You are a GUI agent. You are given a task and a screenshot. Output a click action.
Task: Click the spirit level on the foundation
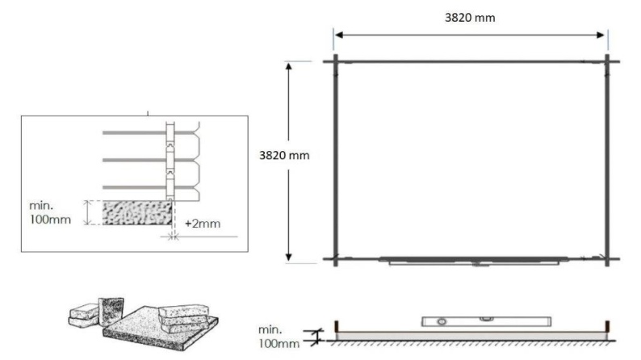(x=463, y=321)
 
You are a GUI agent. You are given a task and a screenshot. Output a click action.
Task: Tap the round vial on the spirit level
(x=442, y=321)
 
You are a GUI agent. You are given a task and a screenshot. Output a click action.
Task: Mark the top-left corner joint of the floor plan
(x=335, y=61)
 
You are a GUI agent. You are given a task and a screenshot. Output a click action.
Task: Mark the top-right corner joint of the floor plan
(x=607, y=61)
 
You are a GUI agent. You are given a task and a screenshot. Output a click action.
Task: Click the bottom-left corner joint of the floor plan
(x=335, y=259)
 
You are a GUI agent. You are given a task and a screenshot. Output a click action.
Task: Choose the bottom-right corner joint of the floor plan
(x=607, y=259)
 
